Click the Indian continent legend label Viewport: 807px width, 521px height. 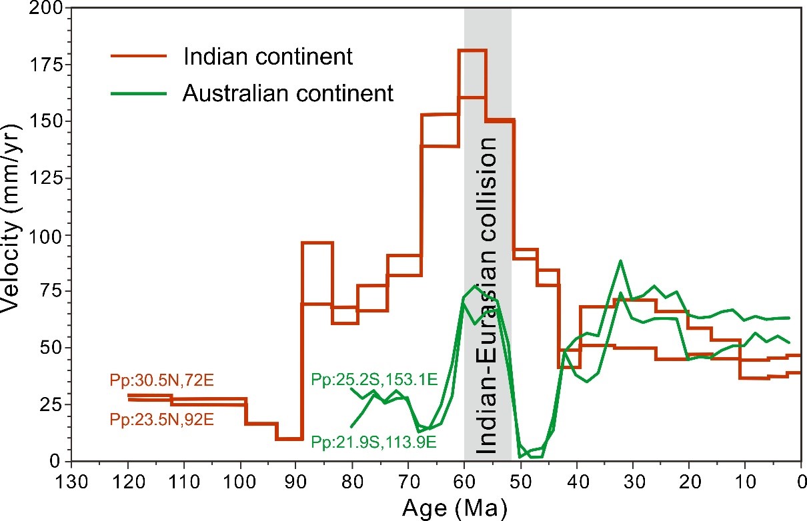coord(267,57)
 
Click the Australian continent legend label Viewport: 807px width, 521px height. coord(288,93)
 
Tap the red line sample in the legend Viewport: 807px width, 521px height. coord(137,57)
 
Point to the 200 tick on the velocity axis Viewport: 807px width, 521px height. coord(47,9)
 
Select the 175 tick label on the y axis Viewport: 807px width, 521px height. coord(47,65)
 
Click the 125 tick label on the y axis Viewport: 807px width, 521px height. coord(47,179)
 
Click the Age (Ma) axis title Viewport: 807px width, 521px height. coord(455,508)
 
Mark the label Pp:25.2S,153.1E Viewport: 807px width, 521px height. coord(374,380)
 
